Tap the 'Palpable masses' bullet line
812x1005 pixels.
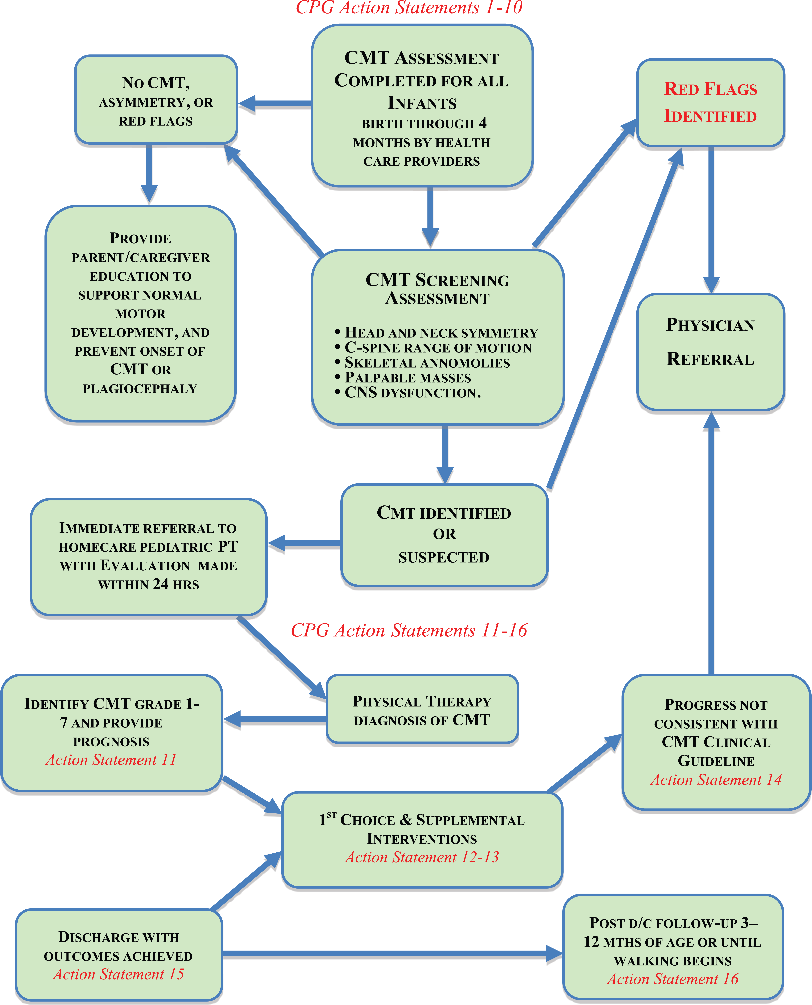(x=403, y=378)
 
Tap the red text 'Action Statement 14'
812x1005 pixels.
(x=716, y=780)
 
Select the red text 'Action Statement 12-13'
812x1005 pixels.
(x=422, y=857)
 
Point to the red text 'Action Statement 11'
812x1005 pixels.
(x=111, y=760)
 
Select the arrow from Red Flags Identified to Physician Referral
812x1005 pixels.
(x=711, y=220)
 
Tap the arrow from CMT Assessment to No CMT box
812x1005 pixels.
(x=275, y=103)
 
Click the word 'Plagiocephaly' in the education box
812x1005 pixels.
(x=140, y=389)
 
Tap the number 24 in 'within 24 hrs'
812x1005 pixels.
(x=160, y=584)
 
